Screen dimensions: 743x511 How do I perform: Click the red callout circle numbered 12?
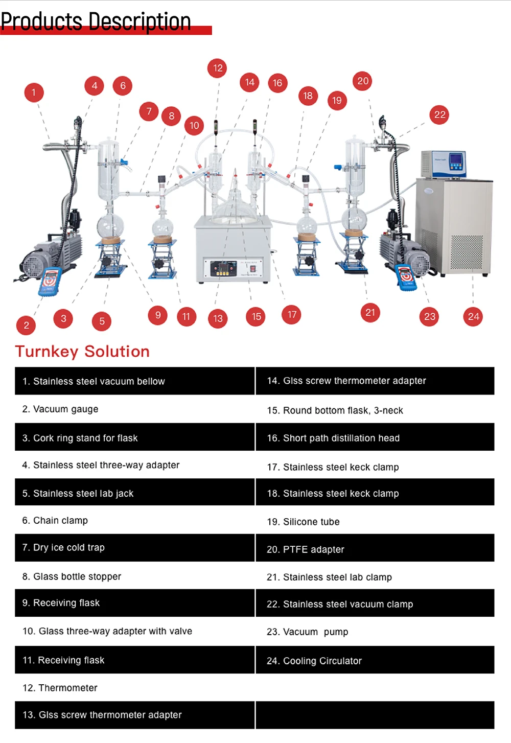[218, 68]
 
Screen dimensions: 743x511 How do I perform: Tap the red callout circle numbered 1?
[34, 92]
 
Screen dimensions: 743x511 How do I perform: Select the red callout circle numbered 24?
[473, 316]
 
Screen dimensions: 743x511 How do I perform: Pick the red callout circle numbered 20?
[363, 81]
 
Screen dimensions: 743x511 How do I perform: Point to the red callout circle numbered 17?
[292, 314]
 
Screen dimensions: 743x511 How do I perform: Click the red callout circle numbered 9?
[158, 315]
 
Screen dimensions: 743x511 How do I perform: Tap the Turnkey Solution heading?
[82, 352]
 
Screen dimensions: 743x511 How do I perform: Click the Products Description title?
[96, 22]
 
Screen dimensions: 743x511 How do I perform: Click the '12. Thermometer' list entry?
[60, 688]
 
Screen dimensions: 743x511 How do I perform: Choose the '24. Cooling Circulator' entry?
[314, 661]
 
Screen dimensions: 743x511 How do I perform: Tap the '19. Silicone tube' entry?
[303, 522]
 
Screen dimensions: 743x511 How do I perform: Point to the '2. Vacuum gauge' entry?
[60, 409]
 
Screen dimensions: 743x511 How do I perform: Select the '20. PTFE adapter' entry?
[306, 549]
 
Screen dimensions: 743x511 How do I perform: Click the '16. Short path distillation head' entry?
[333, 438]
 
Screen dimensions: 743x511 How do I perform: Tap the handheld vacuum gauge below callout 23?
[406, 276]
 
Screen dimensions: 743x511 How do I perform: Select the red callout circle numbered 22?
[440, 114]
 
